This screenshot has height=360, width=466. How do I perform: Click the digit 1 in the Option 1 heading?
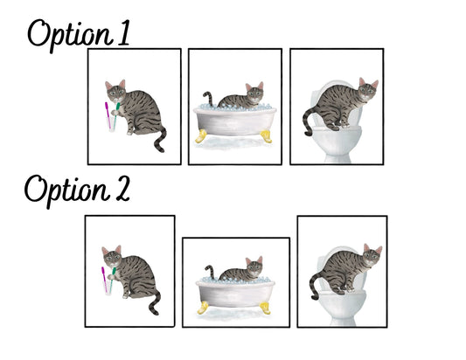click(x=123, y=32)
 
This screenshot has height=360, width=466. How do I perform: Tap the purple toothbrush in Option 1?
click(x=108, y=115)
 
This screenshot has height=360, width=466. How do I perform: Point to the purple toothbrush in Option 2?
click(x=104, y=280)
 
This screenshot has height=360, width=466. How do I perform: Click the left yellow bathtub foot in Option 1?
click(x=201, y=136)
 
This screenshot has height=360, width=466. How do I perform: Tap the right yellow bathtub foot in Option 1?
click(x=267, y=136)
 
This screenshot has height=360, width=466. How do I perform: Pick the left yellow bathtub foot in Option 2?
click(x=203, y=308)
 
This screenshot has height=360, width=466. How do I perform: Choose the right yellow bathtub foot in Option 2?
click(x=265, y=308)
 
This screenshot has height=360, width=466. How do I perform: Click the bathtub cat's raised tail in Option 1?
click(x=209, y=99)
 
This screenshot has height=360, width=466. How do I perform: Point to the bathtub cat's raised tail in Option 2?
click(x=210, y=272)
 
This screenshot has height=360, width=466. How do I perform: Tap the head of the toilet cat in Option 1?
click(x=368, y=88)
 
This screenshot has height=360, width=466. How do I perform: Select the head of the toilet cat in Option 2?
click(x=372, y=255)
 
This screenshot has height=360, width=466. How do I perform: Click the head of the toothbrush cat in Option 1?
click(x=115, y=91)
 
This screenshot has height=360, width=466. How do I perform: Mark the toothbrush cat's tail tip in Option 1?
click(x=161, y=150)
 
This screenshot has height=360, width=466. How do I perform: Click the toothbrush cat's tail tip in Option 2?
click(x=155, y=312)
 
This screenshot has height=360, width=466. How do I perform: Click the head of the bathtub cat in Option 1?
click(x=254, y=92)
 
